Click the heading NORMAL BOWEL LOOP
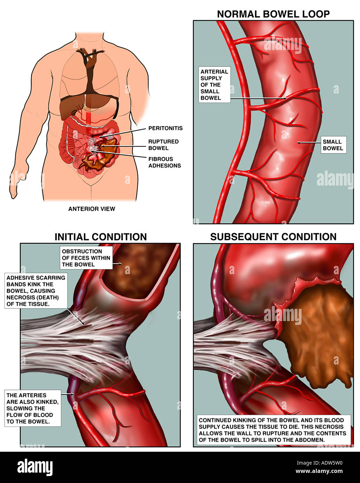[273, 14]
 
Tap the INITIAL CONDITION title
[101, 237]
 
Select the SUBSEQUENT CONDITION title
[273, 237]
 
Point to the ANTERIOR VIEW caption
[91, 209]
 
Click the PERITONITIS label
[166, 128]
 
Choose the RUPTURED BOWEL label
[163, 145]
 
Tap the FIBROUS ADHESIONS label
[165, 162]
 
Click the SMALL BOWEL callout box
[334, 145]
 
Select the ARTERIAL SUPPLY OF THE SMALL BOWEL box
[214, 85]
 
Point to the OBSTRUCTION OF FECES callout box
[86, 258]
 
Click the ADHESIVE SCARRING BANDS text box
[36, 291]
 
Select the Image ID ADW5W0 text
[319, 463]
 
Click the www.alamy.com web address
[319, 471]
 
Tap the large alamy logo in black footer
[35, 467]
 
